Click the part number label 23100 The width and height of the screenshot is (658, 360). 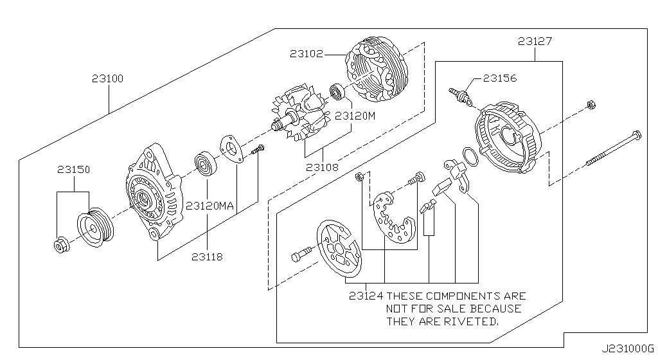[x=107, y=79]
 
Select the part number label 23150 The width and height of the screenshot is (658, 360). [x=73, y=170]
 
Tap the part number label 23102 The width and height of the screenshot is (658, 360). [x=306, y=55]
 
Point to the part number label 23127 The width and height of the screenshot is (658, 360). [x=535, y=42]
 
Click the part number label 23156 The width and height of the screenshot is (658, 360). [x=500, y=78]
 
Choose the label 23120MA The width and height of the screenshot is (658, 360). [x=209, y=206]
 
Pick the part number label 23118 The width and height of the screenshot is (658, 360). [x=207, y=256]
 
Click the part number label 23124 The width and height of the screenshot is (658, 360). [x=366, y=296]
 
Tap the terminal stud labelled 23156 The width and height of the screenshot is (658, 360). [x=462, y=96]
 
